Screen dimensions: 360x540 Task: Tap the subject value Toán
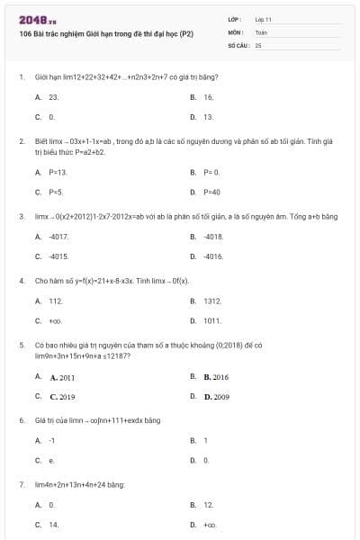coord(261,31)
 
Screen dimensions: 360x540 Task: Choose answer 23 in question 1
coord(54,96)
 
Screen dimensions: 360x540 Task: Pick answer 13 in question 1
coord(208,117)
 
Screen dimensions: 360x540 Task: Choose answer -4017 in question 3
coord(59,237)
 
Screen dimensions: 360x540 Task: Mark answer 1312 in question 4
coord(211,301)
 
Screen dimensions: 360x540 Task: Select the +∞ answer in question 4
coord(55,320)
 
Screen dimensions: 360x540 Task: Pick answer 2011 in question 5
coord(62,377)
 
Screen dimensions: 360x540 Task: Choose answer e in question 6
coord(51,460)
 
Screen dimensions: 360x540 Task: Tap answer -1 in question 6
coord(52,440)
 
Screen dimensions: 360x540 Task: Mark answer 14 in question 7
coord(53,524)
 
